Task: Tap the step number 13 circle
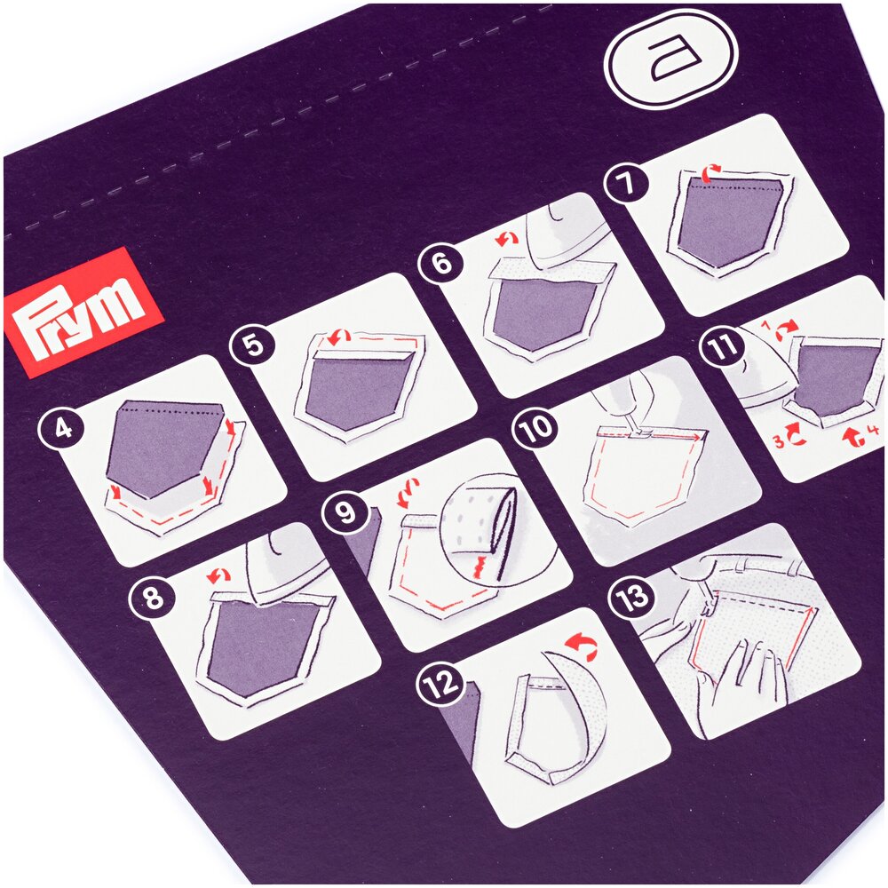(x=631, y=597)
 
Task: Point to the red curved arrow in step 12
(x=583, y=646)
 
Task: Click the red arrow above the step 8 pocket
(x=218, y=576)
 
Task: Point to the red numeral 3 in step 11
(x=780, y=441)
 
